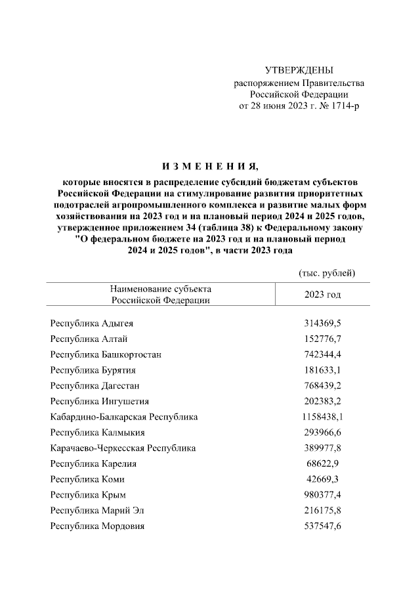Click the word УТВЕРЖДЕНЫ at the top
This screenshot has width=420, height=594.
(x=299, y=70)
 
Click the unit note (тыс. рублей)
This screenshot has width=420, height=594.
(x=326, y=272)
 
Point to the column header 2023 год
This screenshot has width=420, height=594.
(x=322, y=295)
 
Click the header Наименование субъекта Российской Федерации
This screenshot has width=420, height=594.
(x=160, y=295)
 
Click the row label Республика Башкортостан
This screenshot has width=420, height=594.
(x=106, y=354)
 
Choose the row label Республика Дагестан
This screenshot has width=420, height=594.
(x=94, y=385)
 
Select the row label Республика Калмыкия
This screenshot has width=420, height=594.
(x=98, y=433)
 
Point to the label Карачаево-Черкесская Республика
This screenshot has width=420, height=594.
(x=123, y=448)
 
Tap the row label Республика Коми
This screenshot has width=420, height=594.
(x=87, y=479)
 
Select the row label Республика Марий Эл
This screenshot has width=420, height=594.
(x=97, y=510)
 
